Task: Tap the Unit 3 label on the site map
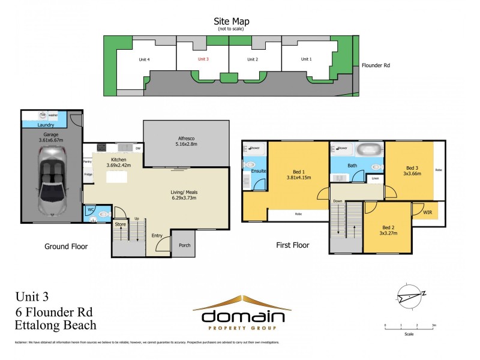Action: point(203,59)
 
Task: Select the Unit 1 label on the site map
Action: point(306,59)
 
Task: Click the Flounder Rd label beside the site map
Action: point(376,65)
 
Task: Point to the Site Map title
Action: point(233,22)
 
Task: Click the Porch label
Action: point(183,245)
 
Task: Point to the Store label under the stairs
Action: point(120,224)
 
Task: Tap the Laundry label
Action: point(46,125)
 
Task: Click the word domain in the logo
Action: point(242,316)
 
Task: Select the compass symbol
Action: point(412,296)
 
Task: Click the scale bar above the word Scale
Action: point(409,328)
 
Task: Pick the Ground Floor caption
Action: point(66,246)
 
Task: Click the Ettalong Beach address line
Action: point(55,325)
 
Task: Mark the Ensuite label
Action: point(259,171)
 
